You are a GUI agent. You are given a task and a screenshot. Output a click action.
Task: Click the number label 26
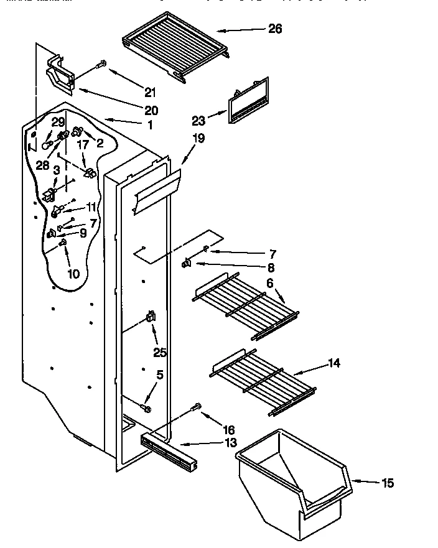pos(275,29)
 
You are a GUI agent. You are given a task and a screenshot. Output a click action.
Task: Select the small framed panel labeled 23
pos(248,101)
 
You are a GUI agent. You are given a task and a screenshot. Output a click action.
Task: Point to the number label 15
pos(387,483)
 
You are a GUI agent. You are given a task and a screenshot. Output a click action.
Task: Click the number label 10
pos(74,273)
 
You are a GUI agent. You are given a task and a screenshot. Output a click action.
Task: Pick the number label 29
pos(58,122)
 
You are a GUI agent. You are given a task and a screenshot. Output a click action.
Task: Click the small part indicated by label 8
pos(185,264)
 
